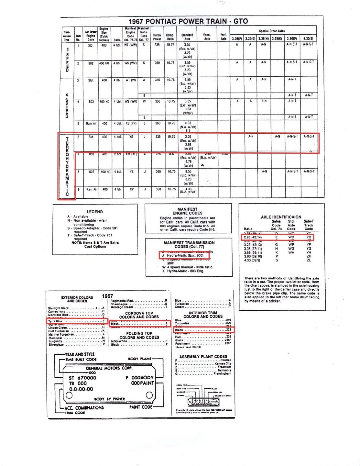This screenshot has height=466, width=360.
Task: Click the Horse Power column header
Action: coord(157,37)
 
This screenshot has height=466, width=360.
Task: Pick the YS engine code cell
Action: coord(131,137)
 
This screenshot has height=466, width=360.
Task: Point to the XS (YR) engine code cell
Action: coord(131,123)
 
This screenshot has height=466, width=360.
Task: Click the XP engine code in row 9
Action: coord(131,189)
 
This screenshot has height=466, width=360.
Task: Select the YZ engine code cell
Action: coord(131,172)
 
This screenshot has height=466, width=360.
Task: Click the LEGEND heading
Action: coord(95,212)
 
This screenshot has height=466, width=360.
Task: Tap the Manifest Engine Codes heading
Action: coord(188,211)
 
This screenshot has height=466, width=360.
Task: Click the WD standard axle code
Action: coord(291,237)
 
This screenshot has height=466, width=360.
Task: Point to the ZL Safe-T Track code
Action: coord(309,260)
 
